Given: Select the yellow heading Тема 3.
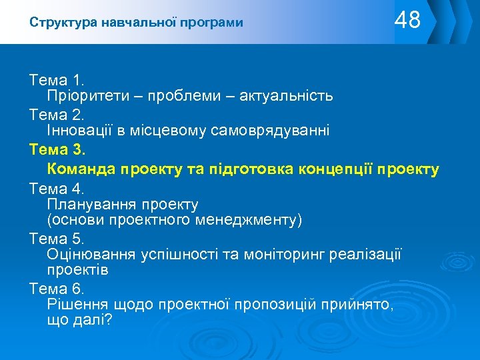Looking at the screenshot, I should (58, 150).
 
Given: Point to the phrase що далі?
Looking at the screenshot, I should (79, 320).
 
